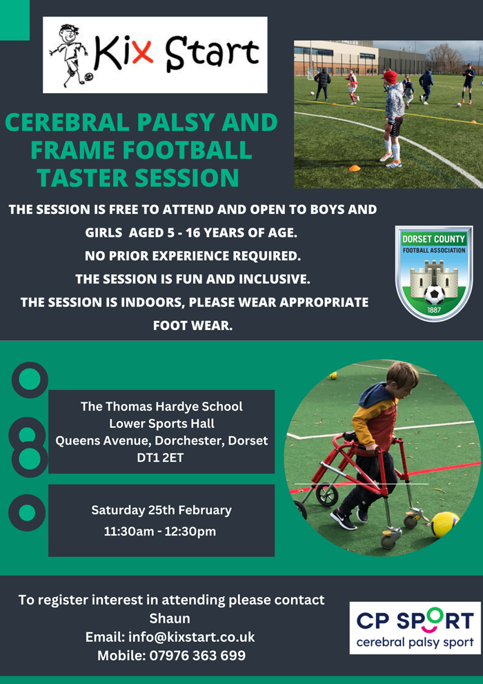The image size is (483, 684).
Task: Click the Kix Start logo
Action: coord(155,55)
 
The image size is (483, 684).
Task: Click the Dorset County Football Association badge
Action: coord(434,273)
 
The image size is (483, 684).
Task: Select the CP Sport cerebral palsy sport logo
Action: coord(415,627)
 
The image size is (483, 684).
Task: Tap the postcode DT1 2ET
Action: coord(161,457)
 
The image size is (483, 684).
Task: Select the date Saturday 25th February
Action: coord(161,510)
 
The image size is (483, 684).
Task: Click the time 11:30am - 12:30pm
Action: coord(160,531)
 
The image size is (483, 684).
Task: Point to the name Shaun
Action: coord(170,618)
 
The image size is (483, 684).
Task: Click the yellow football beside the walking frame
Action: coord(444,525)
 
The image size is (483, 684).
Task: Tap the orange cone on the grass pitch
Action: coord(355,168)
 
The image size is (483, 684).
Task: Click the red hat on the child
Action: coord(390,77)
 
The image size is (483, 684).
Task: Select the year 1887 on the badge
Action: coord(433,311)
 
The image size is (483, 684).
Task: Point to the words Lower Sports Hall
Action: coord(161,423)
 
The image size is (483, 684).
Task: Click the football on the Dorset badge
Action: coord(434,295)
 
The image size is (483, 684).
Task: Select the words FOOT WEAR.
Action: coord(193,325)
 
